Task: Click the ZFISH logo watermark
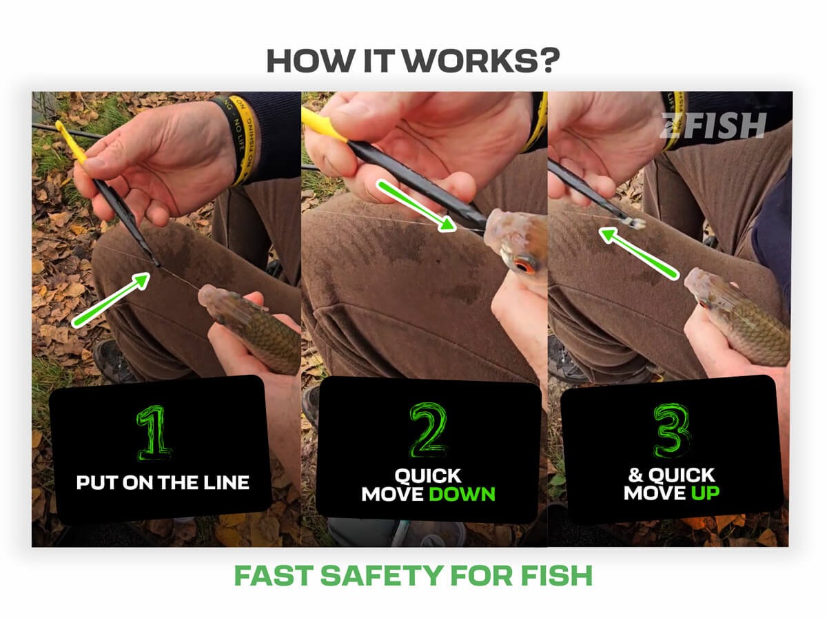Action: pyautogui.click(x=713, y=125)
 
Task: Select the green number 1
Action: pyautogui.click(x=154, y=433)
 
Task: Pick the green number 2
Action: pyautogui.click(x=428, y=431)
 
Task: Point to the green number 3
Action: pyautogui.click(x=673, y=431)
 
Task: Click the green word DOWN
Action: pyautogui.click(x=462, y=494)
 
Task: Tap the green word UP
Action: pyautogui.click(x=705, y=493)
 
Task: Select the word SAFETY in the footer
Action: pyautogui.click(x=382, y=575)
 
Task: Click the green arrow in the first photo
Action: pyautogui.click(x=111, y=299)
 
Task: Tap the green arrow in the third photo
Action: pyautogui.click(x=639, y=254)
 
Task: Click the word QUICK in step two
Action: pyautogui.click(x=428, y=476)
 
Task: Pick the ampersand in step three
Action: pyautogui.click(x=635, y=475)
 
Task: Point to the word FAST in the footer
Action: pyautogui.click(x=274, y=575)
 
